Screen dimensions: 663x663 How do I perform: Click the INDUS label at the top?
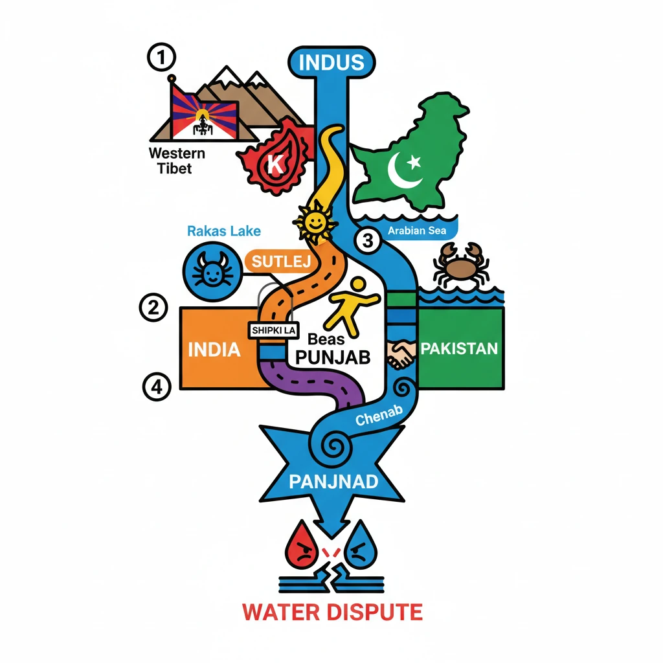pyautogui.click(x=331, y=63)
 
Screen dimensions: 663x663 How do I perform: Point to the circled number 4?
pyautogui.click(x=156, y=387)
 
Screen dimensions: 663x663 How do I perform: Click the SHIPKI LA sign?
pyautogui.click(x=272, y=330)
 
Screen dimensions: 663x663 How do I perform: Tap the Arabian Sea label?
pyautogui.click(x=417, y=230)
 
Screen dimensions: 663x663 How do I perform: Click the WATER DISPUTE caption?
pyautogui.click(x=331, y=611)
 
